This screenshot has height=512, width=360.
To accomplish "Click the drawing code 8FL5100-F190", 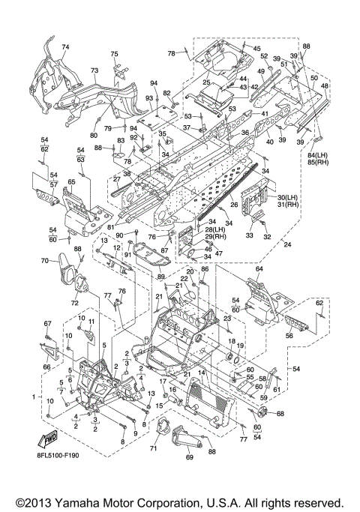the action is point(58,455).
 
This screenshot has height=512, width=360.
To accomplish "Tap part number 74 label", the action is point(65,47).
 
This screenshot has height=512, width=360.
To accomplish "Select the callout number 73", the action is point(94,70).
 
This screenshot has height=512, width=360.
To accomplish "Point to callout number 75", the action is point(114,54).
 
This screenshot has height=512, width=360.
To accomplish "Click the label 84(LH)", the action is point(319,155).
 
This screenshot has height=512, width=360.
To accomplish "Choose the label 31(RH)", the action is point(288,205).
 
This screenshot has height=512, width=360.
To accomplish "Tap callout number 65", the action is point(71,182).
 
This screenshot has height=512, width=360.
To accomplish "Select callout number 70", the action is point(45,261).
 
